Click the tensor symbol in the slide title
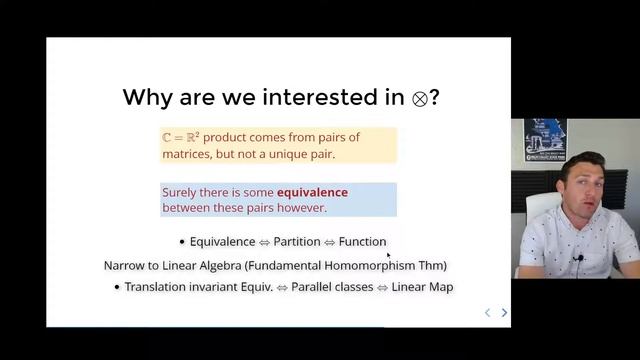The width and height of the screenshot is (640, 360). coord(420,98)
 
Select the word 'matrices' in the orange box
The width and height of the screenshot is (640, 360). coord(187,154)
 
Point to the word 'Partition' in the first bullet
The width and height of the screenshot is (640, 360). coord(297,241)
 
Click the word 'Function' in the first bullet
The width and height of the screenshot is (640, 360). coord(362,241)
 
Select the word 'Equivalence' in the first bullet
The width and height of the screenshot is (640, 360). coord(223,241)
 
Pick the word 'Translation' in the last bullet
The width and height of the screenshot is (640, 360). coord(161,287)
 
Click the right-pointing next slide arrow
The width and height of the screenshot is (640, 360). coord(504,312)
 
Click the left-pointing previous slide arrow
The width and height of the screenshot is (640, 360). coord(487,312)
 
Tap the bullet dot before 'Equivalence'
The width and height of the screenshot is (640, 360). coord(182,242)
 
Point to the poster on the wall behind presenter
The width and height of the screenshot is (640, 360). coord(545,141)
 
